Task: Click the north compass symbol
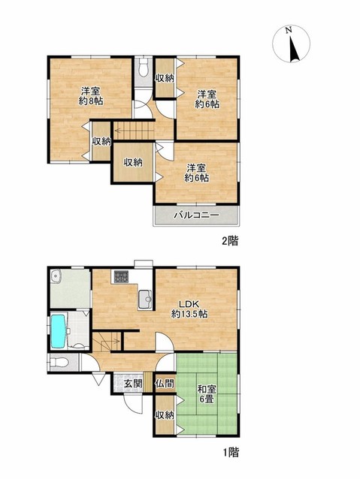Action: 291,44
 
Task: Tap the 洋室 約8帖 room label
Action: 90,96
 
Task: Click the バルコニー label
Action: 196,215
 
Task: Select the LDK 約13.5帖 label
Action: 189,309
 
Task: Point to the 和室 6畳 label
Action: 207,393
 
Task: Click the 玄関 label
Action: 133,384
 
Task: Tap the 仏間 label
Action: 165,384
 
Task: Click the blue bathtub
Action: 58,331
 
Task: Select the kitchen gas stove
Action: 121,277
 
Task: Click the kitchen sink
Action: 145,299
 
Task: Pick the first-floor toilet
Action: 59,363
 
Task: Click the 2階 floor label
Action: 230,241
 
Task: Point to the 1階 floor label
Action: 230,452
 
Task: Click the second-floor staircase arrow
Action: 133,131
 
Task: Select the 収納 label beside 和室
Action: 165,414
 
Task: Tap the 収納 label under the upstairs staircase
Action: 133,162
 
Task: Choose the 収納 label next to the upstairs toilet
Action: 165,78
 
